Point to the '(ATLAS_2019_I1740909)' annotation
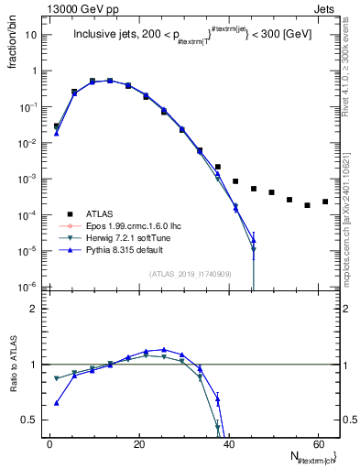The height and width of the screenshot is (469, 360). coord(190,273)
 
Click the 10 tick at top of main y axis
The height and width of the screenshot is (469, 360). coord(31,35)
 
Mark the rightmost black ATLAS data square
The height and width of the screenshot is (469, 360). coord(325,202)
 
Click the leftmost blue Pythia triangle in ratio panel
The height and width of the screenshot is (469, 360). coord(57,403)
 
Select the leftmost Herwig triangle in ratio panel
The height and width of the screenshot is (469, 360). coord(57,378)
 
